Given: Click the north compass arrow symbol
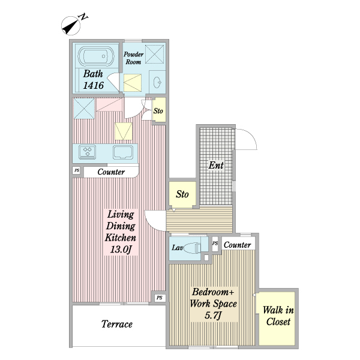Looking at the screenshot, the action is (71, 26).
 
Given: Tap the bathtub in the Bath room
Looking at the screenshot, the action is (96, 56).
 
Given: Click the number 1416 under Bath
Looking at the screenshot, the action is (93, 85).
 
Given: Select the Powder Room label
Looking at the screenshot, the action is (133, 58).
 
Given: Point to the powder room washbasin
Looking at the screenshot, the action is (157, 82).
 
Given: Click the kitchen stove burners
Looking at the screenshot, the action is (87, 152).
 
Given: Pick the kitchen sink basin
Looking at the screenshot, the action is (123, 152).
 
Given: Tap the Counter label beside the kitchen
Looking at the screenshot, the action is (111, 172).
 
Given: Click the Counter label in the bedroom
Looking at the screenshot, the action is (237, 245).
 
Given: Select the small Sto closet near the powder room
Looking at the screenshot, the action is (159, 110).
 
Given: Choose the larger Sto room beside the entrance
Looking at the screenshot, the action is (182, 194).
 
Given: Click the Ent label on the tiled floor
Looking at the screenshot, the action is (216, 165).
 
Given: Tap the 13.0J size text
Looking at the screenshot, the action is (121, 250).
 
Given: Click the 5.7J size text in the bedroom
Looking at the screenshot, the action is (213, 316).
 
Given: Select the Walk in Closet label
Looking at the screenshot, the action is (278, 316).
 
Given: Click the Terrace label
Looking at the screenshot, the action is (117, 324).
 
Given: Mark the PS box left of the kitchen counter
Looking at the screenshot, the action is (77, 170).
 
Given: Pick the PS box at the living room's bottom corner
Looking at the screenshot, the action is (160, 298).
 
